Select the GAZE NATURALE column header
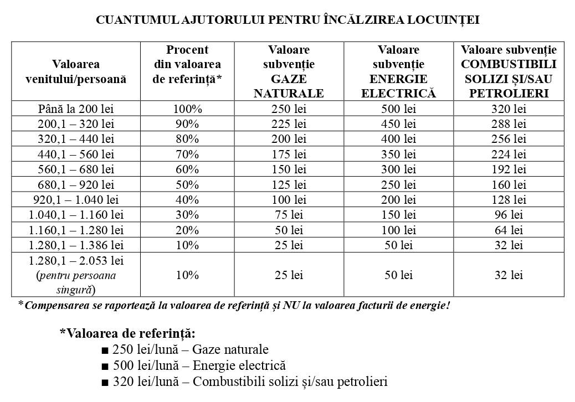click(289, 71)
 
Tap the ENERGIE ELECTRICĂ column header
click(398, 71)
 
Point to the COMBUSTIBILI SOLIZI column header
click(509, 71)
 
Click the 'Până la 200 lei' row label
click(76, 109)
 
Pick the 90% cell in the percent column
click(187, 123)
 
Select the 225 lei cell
click(289, 123)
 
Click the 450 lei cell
click(398, 123)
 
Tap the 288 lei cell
click(509, 123)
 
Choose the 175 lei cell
click(289, 154)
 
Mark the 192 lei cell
click(509, 169)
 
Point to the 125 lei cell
click(289, 184)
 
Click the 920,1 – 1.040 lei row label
click(76, 199)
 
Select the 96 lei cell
click(509, 215)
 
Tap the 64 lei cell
click(509, 230)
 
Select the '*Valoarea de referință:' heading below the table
click(127, 333)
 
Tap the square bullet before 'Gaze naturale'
click(105, 351)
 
